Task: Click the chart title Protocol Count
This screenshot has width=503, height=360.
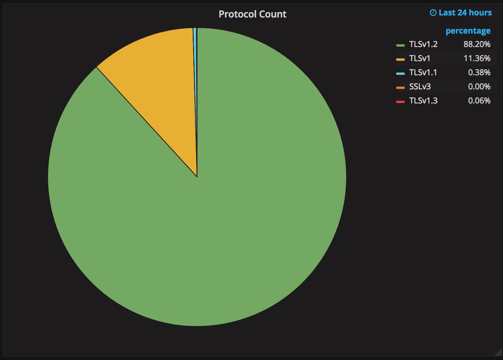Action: pos(253,14)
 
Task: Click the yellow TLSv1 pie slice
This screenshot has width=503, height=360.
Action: pos(158,74)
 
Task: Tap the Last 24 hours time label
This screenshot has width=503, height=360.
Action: pos(465,13)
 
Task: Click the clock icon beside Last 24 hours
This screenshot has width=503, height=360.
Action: pos(433,13)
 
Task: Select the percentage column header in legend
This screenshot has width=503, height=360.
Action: pos(468,31)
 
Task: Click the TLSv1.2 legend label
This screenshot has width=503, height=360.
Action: pos(423,44)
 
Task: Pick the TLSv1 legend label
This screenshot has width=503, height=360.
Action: pos(419,58)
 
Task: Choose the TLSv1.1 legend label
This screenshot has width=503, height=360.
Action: pos(423,73)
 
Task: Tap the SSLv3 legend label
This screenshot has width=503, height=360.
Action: pos(420,87)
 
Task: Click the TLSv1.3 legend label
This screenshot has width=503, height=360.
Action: pos(423,101)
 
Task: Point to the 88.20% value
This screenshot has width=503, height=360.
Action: pos(477,44)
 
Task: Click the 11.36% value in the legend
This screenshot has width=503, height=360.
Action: pos(477,58)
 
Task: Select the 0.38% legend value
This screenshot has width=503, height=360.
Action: pos(479,73)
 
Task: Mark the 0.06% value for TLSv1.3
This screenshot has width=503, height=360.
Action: pos(479,101)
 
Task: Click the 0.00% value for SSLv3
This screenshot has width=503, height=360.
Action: pos(479,87)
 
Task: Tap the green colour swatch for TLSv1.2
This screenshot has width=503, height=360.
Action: pos(400,45)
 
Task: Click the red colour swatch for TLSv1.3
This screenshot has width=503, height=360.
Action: pos(400,101)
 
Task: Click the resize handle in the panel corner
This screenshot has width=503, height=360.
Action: pos(499,353)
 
